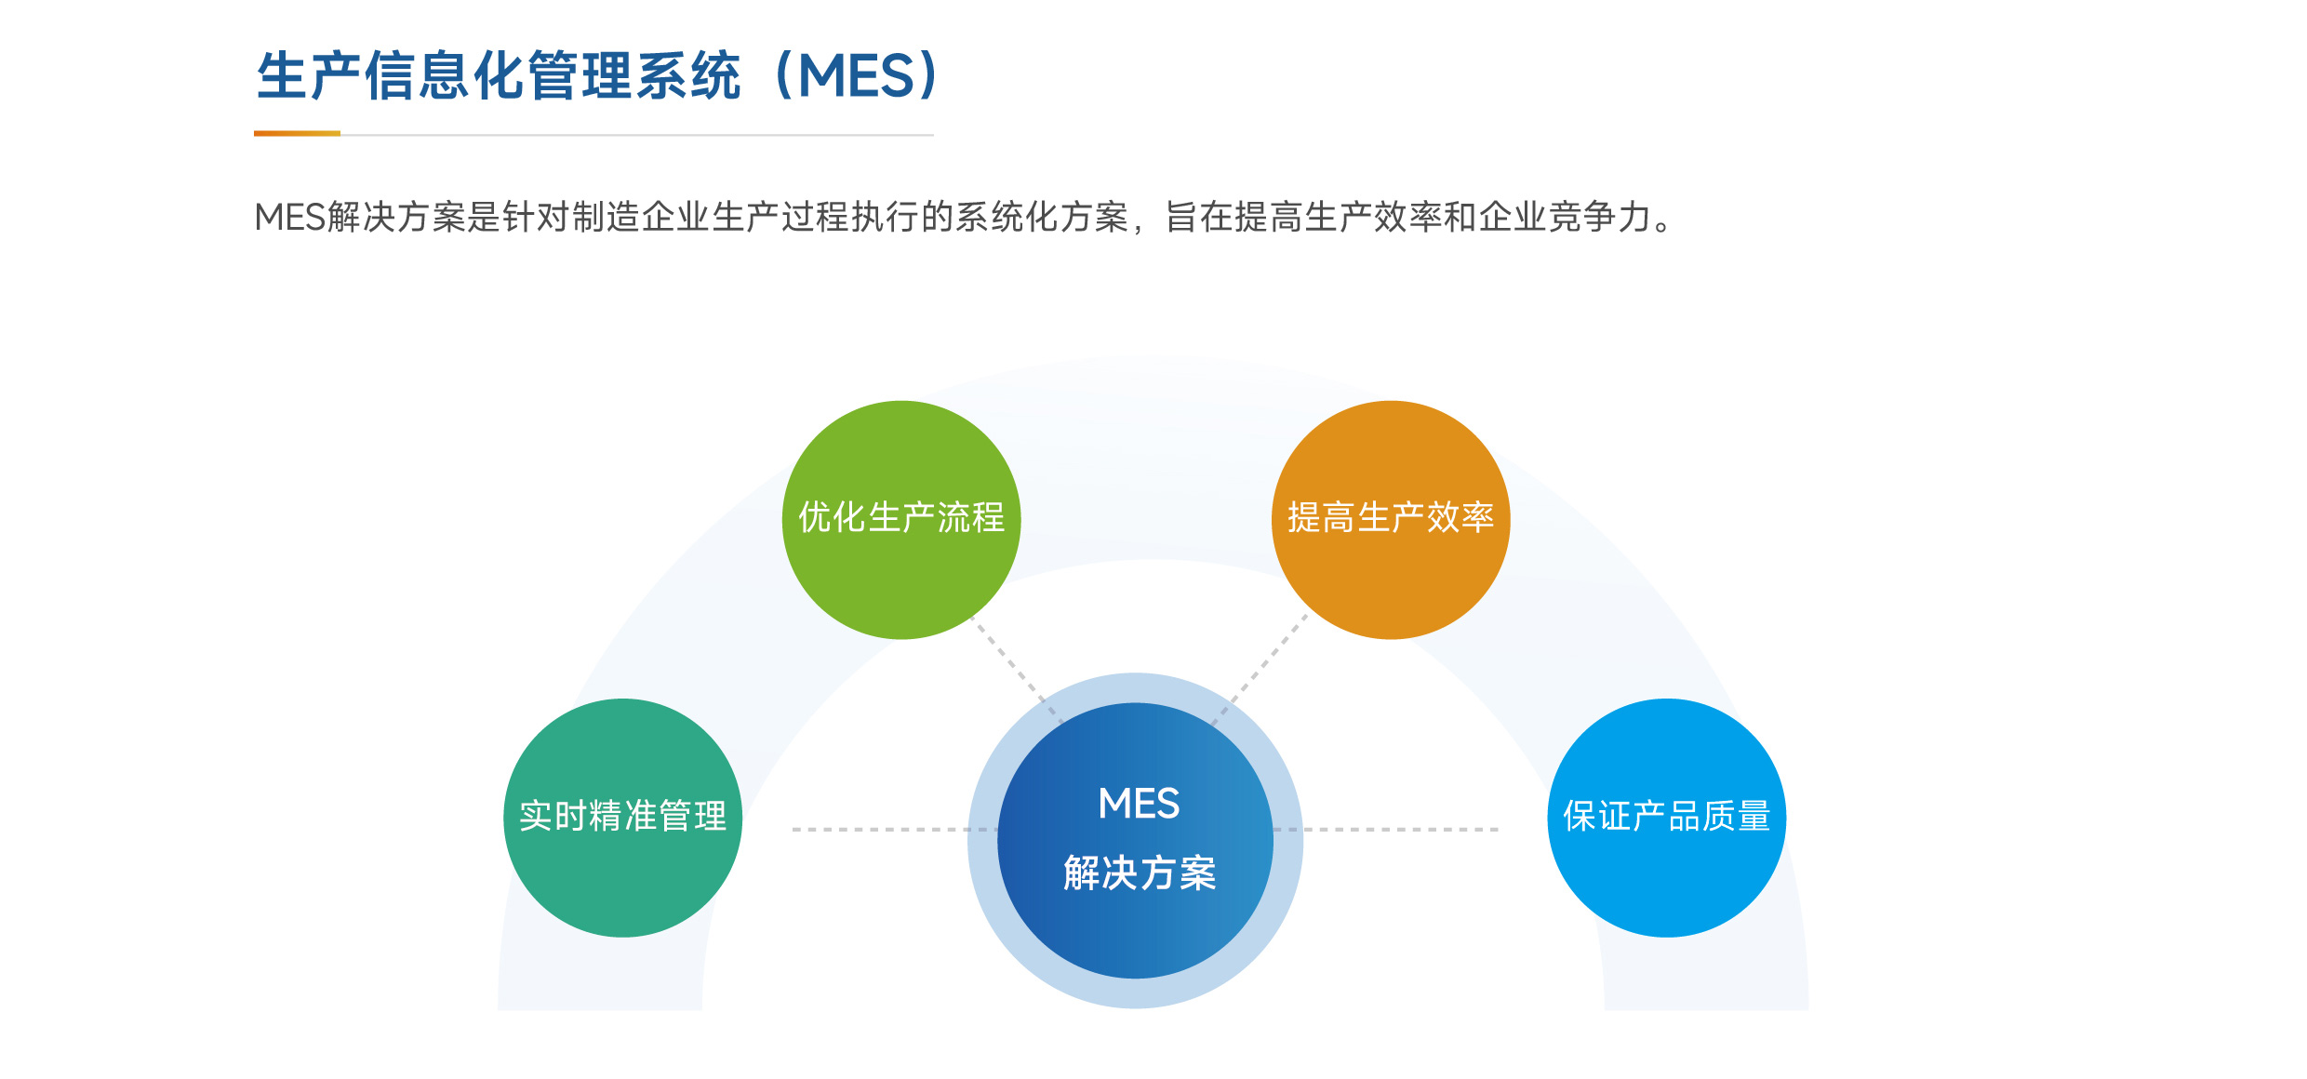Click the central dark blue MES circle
1135,930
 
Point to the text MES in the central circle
1139,804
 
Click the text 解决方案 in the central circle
1139,873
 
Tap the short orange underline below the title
297,134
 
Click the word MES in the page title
856,76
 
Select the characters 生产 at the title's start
309,76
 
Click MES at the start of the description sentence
290,218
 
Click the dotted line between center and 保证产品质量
1395,829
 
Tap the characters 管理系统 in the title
634,76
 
